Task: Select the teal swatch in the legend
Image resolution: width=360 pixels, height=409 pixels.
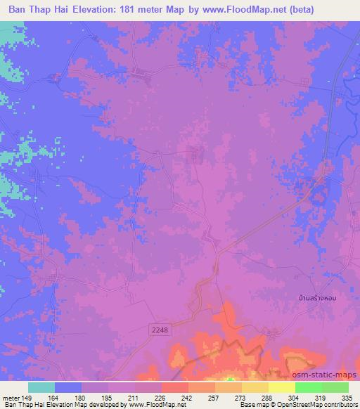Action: tap(41, 387)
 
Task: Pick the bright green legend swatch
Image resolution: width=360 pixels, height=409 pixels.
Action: tap(309, 387)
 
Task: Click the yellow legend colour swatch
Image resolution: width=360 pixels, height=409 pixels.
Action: tap(282, 387)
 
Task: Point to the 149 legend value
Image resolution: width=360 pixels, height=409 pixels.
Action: tap(27, 397)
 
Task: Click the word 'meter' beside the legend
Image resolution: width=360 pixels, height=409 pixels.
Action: tap(11, 397)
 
